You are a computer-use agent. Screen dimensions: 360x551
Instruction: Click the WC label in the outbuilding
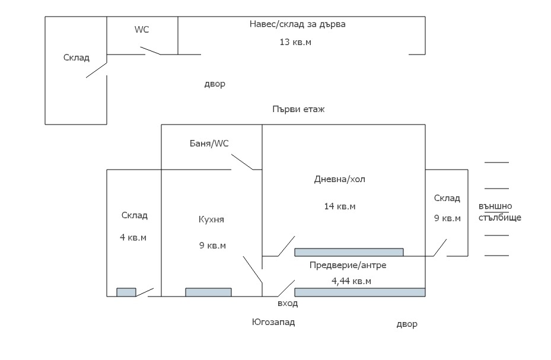[142, 29]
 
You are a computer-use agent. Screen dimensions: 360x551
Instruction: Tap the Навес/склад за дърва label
[297, 24]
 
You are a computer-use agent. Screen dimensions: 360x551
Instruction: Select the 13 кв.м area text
[295, 42]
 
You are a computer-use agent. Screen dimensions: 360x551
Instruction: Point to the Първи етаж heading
[298, 109]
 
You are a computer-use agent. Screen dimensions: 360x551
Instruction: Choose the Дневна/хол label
[340, 179]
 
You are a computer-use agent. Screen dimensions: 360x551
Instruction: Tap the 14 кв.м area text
[340, 206]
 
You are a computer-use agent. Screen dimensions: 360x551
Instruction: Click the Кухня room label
[211, 219]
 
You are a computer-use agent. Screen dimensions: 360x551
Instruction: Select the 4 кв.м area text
[133, 237]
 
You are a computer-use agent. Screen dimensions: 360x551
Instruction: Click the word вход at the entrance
[288, 303]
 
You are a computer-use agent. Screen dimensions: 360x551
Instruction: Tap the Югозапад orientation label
[273, 323]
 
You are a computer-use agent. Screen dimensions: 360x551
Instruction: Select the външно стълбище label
[499, 212]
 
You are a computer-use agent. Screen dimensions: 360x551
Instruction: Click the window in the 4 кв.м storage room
[126, 292]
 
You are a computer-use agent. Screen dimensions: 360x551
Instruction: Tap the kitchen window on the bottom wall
[208, 292]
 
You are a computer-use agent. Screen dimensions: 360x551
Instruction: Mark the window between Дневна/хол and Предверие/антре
[349, 252]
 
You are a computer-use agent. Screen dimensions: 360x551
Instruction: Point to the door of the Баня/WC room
[243, 162]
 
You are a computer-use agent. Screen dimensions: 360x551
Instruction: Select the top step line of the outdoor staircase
[496, 162]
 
